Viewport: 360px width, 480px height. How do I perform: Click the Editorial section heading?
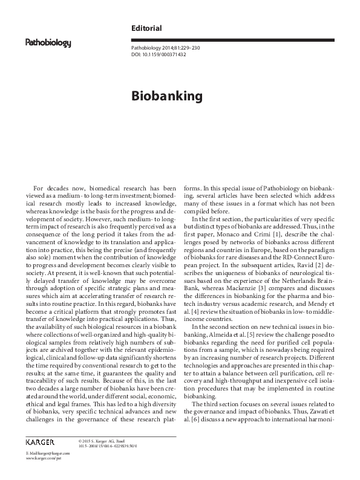[x=146, y=28]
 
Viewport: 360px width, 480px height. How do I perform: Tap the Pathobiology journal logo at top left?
[x=48, y=43]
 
